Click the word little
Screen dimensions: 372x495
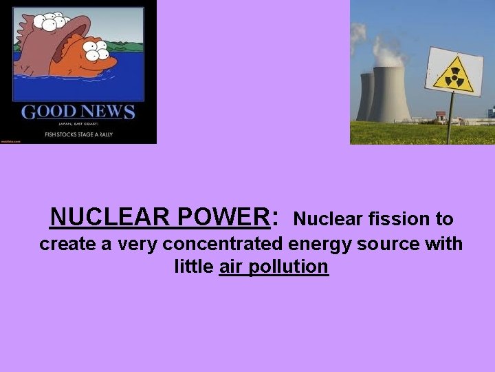point(194,266)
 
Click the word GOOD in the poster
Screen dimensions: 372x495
point(47,112)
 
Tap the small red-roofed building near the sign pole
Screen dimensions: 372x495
point(440,118)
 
